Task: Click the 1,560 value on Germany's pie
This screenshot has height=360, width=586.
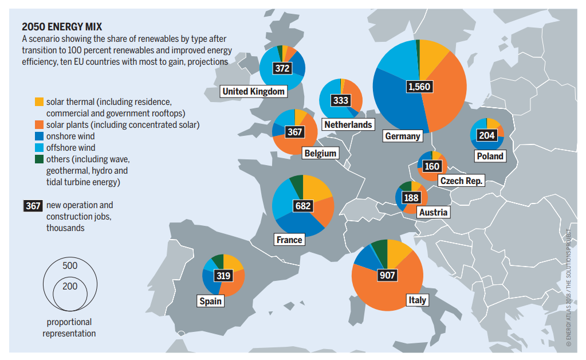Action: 419,87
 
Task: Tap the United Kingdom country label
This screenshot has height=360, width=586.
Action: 253,91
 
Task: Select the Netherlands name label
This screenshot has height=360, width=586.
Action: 348,124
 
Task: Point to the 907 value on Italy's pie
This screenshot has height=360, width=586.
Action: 387,275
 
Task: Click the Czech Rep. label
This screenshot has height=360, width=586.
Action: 462,181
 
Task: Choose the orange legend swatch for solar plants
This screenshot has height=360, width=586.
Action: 39,124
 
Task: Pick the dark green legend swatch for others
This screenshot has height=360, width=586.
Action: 39,159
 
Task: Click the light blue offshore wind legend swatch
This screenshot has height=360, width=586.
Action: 39,148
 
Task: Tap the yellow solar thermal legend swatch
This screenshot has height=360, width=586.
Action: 39,101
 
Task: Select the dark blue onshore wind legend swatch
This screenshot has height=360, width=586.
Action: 39,136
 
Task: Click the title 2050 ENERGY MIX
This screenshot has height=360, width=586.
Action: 62,27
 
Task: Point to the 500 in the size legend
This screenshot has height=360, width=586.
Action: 70,266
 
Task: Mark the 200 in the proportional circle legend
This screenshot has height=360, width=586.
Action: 70,286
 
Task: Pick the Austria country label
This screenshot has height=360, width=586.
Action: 433,213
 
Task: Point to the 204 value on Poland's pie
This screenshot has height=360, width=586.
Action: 487,136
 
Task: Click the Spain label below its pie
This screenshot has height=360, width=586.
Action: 211,301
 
